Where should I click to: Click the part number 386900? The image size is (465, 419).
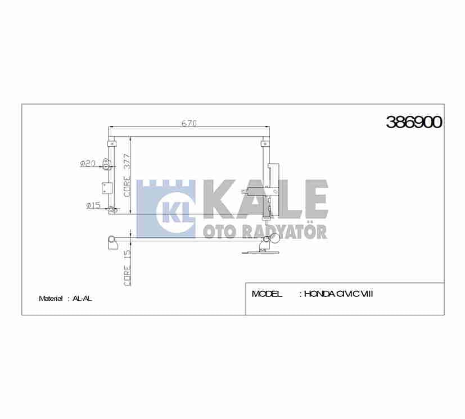414,122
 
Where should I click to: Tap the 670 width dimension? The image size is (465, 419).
189,123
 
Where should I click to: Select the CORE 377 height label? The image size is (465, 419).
127,175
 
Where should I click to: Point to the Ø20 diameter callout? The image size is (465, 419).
88,163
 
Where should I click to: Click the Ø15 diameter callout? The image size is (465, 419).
94,205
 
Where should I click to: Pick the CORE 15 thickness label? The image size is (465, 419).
127,268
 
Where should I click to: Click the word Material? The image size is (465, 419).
51,299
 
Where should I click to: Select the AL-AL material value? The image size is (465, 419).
82,299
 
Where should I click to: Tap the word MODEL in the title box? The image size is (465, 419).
267,294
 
